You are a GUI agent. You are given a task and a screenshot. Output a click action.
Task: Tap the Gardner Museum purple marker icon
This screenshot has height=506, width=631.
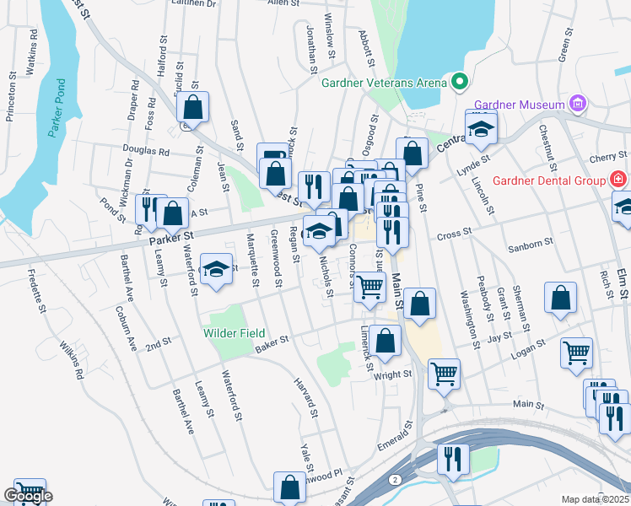pyautogui.click(x=578, y=104)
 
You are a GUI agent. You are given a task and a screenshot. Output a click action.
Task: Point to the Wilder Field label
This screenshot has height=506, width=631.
pyautogui.click(x=234, y=333)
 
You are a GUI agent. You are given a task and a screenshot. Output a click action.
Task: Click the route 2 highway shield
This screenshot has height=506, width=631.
pyautogui.click(x=395, y=479)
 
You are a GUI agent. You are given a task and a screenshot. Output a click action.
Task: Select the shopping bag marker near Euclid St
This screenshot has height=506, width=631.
pyautogui.click(x=193, y=108)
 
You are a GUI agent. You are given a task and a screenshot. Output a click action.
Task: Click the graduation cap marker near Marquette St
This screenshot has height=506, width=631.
pyautogui.click(x=217, y=270)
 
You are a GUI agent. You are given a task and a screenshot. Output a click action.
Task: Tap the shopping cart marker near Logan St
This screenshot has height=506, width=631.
pyautogui.click(x=576, y=353)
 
